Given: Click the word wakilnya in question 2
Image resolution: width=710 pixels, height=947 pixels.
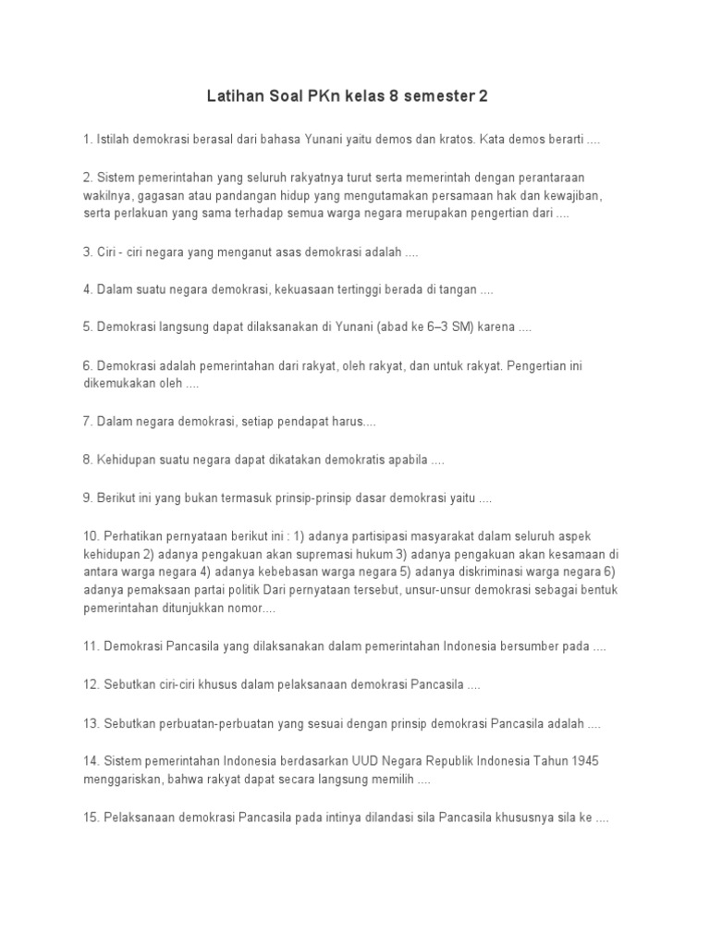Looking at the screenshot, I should pyautogui.click(x=108, y=195).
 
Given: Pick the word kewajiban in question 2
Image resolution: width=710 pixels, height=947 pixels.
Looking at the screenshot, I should pyautogui.click(x=593, y=195).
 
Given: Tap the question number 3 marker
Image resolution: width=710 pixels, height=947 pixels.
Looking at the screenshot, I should pyautogui.click(x=87, y=252).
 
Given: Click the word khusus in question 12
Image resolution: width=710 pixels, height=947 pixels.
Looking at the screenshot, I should pyautogui.click(x=194, y=684).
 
